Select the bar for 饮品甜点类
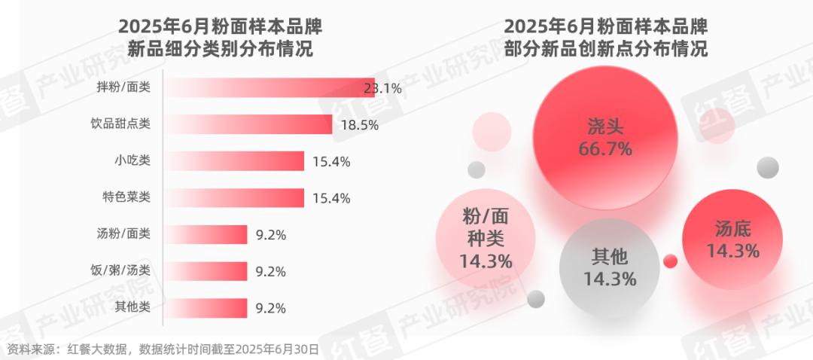(x=248, y=124)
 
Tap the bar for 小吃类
(x=234, y=160)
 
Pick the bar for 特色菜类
(x=234, y=197)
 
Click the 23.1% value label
(x=382, y=88)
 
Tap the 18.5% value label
(x=359, y=125)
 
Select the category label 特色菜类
(x=126, y=197)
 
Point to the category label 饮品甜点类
(x=120, y=124)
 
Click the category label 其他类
(x=132, y=307)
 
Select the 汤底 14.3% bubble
(x=732, y=239)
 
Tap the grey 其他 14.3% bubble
(x=609, y=267)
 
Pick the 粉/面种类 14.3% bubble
(x=486, y=239)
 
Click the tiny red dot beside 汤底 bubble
(x=670, y=261)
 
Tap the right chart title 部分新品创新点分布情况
(x=605, y=50)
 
